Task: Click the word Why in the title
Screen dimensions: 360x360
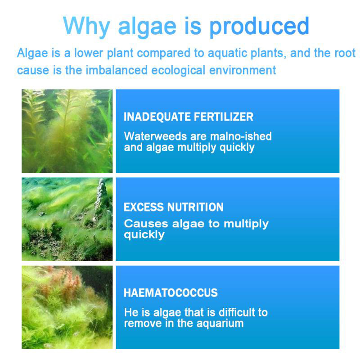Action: pos(86,27)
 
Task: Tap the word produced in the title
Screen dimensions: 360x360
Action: pos(260,27)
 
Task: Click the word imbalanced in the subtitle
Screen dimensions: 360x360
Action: pos(117,70)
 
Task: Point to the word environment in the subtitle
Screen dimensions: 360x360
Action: pos(243,70)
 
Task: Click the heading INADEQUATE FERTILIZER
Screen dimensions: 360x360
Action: pos(189,117)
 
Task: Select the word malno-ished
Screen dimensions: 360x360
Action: pos(241,136)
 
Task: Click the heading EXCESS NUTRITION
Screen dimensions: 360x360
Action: pos(174,207)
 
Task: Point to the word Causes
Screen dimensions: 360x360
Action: pos(146,224)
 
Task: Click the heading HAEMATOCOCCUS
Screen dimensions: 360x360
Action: pos(171,293)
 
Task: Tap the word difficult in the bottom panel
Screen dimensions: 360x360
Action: pos(237,312)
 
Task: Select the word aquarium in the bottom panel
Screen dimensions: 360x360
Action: pos(220,324)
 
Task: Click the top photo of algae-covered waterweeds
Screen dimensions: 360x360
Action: pos(67,131)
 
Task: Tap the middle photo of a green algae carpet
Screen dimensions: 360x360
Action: pos(67,219)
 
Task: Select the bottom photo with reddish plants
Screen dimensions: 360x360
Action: pos(67,307)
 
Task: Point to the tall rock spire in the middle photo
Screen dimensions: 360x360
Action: pos(101,195)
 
